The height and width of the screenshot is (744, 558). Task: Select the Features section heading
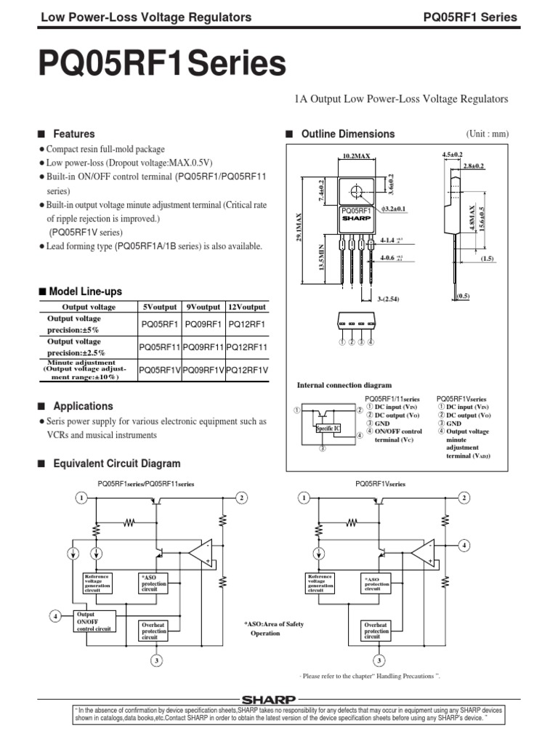[72, 134]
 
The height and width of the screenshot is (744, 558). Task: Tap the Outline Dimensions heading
[347, 134]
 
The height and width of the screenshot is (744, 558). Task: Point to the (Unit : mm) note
[487, 134]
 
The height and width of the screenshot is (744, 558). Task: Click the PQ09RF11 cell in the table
[203, 347]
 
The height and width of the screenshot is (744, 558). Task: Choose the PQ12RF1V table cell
[247, 370]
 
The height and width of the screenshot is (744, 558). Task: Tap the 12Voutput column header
[247, 307]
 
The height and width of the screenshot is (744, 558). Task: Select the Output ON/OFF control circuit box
[94, 621]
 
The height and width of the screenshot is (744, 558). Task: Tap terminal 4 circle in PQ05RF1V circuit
[464, 545]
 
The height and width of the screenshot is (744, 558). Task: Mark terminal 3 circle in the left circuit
[155, 660]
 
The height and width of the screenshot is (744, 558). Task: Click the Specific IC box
[328, 429]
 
